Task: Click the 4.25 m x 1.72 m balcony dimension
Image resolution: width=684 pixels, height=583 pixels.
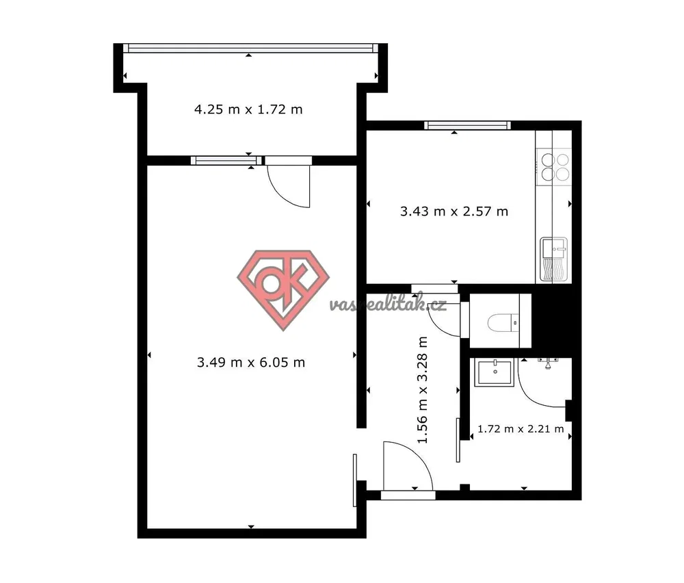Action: [x=248, y=109]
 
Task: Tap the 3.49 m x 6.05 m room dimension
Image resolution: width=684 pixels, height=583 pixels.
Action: [x=251, y=362]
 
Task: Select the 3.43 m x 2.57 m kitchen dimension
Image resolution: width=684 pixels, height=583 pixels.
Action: [x=454, y=211]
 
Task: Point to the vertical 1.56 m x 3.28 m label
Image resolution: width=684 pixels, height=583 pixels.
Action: [x=422, y=389]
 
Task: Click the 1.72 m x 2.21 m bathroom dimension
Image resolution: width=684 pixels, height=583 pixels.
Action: [x=521, y=429]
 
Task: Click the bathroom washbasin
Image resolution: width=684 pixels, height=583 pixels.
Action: [x=495, y=373]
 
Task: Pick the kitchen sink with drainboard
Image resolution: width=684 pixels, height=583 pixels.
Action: [x=554, y=259]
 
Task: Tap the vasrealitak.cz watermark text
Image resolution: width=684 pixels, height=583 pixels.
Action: [x=388, y=304]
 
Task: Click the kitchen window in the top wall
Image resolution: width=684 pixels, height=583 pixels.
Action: [x=467, y=126]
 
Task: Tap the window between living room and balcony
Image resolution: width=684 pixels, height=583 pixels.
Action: [x=226, y=161]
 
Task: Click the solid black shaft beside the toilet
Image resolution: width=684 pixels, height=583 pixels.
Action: [x=551, y=321]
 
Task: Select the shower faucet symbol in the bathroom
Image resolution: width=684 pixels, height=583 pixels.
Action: [x=548, y=362]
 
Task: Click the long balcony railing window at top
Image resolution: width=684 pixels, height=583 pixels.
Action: [x=250, y=48]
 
